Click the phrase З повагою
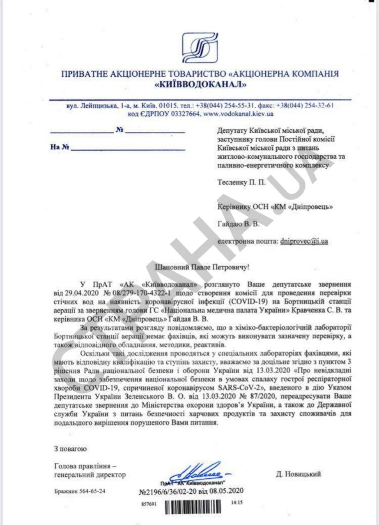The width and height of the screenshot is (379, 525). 69,449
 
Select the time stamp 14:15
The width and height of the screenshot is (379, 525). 237,502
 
